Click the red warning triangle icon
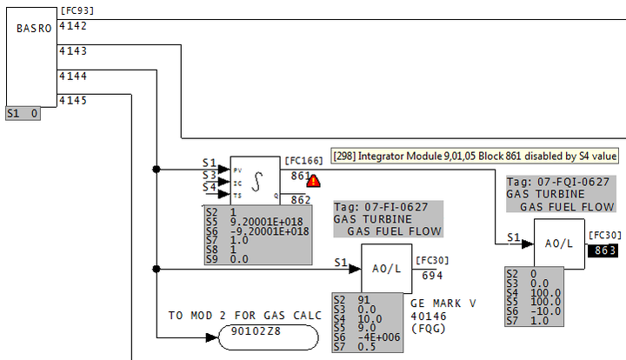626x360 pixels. tap(313, 181)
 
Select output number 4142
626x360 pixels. tap(72, 26)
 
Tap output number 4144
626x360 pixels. tap(72, 77)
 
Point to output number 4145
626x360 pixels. tap(72, 101)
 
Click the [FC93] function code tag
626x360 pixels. tap(77, 10)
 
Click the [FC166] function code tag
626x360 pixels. tap(303, 160)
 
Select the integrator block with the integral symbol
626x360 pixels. tap(256, 181)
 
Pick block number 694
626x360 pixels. tap(431, 275)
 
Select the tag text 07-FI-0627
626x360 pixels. tap(396, 207)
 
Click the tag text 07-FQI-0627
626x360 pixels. tap(569, 181)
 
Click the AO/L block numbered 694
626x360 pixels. tap(386, 268)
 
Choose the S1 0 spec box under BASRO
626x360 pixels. tap(23, 113)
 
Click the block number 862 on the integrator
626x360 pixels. tap(301, 200)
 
